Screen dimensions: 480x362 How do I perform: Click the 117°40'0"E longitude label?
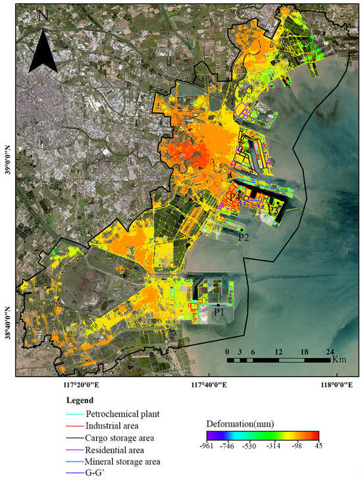[x=207, y=385]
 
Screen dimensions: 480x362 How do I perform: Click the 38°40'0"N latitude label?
[x=9, y=316]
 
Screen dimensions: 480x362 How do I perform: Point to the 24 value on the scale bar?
[x=330, y=351]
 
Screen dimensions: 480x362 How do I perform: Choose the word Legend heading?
[x=80, y=400]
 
